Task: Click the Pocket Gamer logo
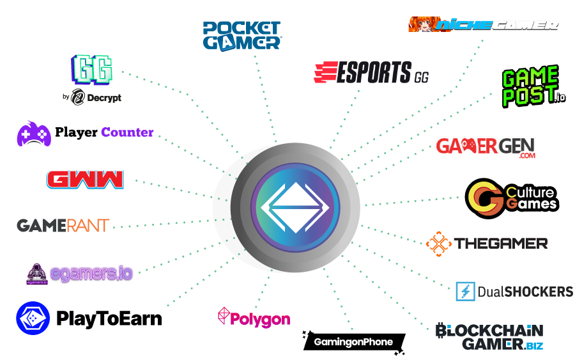pyautogui.click(x=242, y=35)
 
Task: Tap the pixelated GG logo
pyautogui.click(x=93, y=68)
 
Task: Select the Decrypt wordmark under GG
pyautogui.click(x=96, y=98)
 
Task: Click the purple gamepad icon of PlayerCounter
pyautogui.click(x=33, y=133)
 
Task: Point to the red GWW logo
pyautogui.click(x=85, y=179)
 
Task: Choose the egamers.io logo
pyautogui.click(x=80, y=274)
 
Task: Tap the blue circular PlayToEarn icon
pyautogui.click(x=33, y=318)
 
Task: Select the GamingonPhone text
pyautogui.click(x=353, y=342)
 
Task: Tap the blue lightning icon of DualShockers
pyautogui.click(x=465, y=291)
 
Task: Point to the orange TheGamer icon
pyautogui.click(x=439, y=244)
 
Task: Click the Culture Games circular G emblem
pyautogui.click(x=486, y=198)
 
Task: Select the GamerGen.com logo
pyautogui.click(x=486, y=147)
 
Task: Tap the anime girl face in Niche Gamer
pyautogui.click(x=422, y=24)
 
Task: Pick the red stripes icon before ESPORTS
pyautogui.click(x=325, y=72)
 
